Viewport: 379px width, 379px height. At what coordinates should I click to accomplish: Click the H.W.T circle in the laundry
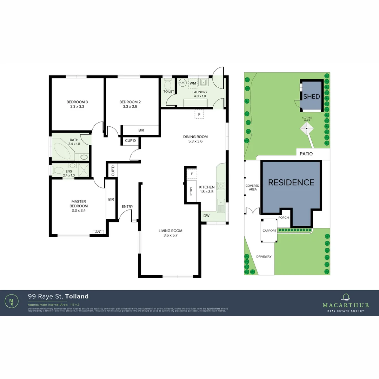click(182, 83)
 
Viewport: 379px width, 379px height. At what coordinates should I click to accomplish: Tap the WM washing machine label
click(193, 83)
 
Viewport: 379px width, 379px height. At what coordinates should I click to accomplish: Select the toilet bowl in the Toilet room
click(168, 84)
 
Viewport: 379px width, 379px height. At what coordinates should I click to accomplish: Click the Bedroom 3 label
click(77, 102)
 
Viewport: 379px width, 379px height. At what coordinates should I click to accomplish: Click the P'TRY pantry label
click(191, 191)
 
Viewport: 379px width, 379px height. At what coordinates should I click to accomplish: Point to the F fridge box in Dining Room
click(199, 115)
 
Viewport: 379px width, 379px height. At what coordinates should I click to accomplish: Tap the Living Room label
click(171, 231)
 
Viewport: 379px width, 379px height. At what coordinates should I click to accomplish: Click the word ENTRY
click(127, 207)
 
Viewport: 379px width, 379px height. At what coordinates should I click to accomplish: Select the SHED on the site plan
click(312, 96)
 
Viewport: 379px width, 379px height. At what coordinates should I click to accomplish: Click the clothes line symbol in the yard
click(307, 129)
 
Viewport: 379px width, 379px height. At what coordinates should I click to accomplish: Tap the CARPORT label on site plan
click(270, 231)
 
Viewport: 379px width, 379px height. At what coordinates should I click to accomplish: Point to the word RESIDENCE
click(291, 182)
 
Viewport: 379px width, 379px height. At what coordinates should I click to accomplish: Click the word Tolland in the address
click(77, 297)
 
